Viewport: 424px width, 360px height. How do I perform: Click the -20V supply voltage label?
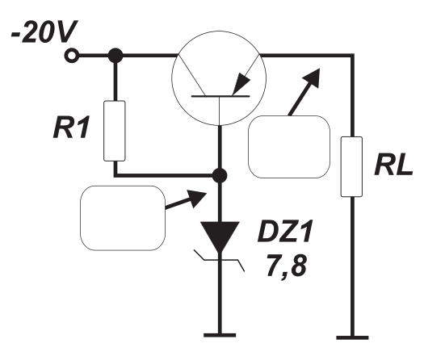click(44, 32)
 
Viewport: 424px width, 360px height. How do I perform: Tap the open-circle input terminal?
click(72, 56)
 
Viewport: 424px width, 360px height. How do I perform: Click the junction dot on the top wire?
click(115, 56)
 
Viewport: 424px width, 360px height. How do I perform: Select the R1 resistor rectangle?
click(115, 131)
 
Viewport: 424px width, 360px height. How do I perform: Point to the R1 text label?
click(71, 128)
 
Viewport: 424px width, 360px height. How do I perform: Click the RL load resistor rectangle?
click(351, 166)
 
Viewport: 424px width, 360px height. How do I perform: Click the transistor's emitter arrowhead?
click(241, 84)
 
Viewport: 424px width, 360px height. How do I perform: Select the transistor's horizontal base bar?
click(220, 96)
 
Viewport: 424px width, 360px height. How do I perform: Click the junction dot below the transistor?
click(220, 176)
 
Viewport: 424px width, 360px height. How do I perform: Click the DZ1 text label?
click(285, 232)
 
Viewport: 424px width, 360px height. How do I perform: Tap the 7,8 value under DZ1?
click(287, 266)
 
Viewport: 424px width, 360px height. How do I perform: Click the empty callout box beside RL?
click(289, 147)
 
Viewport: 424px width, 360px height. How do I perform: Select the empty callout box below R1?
click(123, 218)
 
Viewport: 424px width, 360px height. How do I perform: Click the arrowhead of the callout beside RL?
click(313, 77)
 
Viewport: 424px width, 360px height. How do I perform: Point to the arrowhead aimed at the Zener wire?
click(196, 198)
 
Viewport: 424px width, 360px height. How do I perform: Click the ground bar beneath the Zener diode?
click(220, 335)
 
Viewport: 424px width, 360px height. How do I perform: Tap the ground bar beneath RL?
click(352, 337)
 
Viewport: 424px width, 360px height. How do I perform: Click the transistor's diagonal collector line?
click(191, 75)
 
